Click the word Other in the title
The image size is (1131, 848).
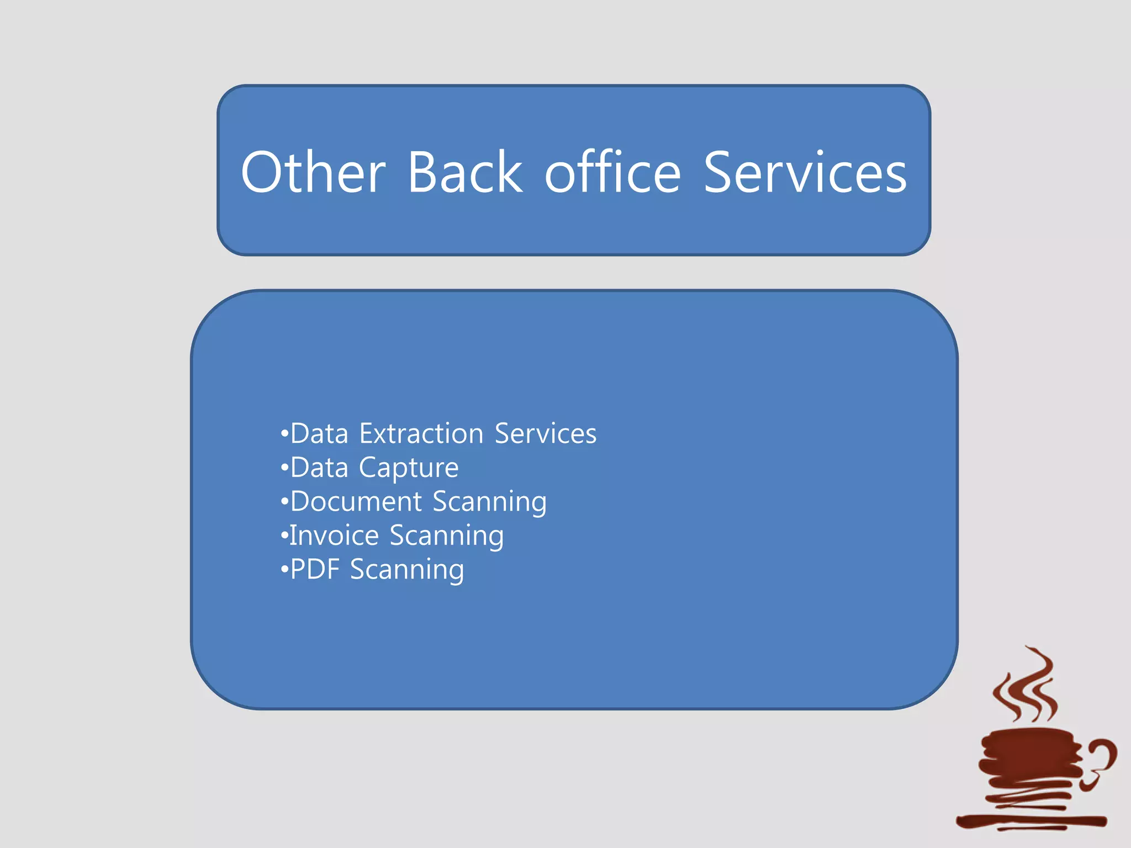point(313,173)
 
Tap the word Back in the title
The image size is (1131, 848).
point(464,173)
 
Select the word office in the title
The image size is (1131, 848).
point(612,173)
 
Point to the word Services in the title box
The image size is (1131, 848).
point(805,173)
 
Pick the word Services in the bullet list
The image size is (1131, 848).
point(545,433)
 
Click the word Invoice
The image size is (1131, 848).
point(334,536)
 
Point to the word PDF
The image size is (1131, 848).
point(315,570)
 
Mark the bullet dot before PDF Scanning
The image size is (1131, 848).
point(284,570)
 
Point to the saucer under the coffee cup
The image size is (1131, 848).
point(1030,821)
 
